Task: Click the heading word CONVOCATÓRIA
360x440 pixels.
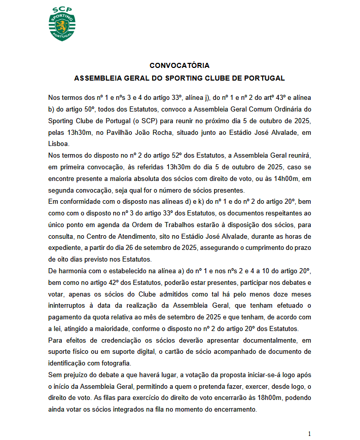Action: point(179,65)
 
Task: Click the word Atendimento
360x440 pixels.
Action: point(164,236)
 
